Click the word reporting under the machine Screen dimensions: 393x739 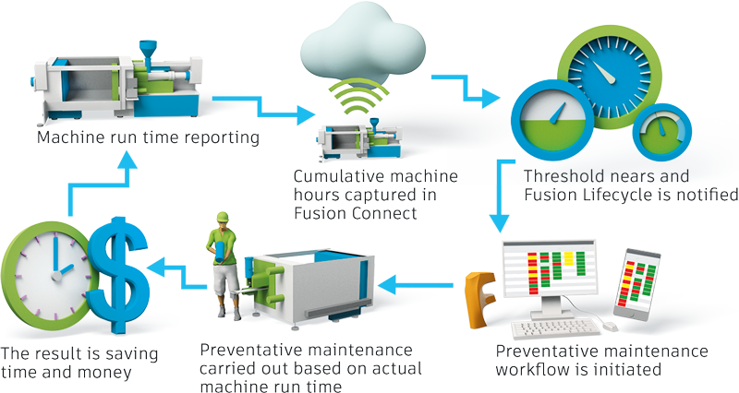pos(212,138)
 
